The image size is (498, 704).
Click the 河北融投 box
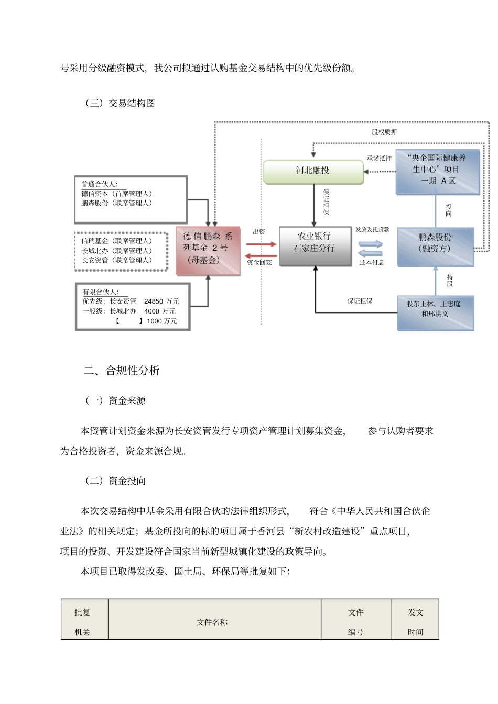[313, 171]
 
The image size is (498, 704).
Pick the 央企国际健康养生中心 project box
[437, 171]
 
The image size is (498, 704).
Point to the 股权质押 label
[384, 132]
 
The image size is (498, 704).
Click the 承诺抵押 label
[379, 159]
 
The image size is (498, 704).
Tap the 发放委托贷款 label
[372, 230]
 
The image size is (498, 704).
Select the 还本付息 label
[372, 263]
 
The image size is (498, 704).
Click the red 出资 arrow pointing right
[261, 244]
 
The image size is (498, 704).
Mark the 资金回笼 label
[259, 263]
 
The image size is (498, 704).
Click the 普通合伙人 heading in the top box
[100, 185]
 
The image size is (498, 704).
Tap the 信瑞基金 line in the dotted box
[116, 241]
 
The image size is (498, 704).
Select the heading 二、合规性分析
[122, 371]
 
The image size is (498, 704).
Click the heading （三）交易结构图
[120, 104]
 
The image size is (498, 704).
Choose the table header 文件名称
[212, 623]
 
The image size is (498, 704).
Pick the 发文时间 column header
[416, 623]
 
